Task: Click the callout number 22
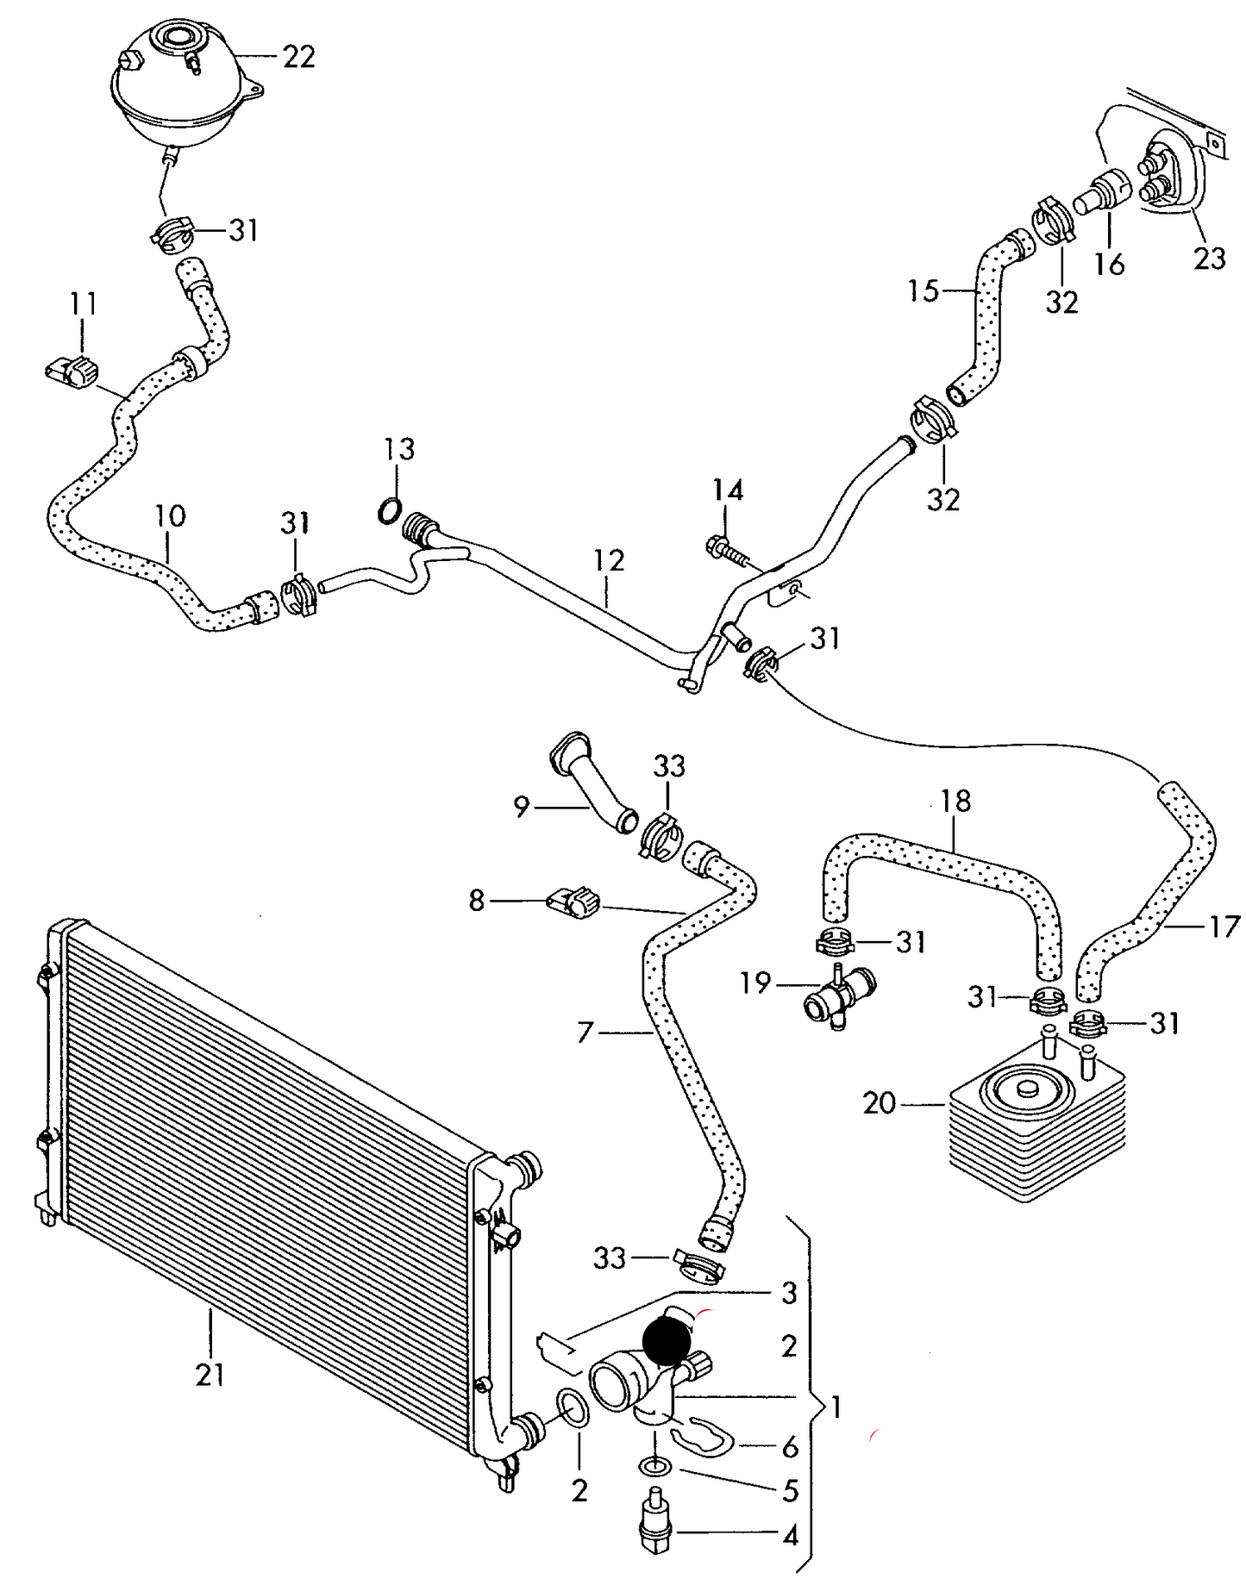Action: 299,57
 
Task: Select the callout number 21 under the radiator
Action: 210,1374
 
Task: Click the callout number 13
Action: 399,448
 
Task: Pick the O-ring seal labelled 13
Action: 390,511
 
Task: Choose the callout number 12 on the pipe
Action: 609,560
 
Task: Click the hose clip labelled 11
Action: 72,371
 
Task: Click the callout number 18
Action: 955,801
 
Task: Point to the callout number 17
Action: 1224,927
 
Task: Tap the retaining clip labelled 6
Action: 703,1435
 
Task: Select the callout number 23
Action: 1210,258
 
